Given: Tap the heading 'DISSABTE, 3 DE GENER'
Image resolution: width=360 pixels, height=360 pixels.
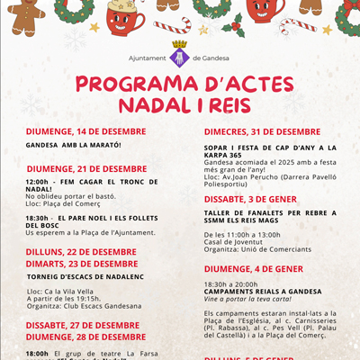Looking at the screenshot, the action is click(248, 198).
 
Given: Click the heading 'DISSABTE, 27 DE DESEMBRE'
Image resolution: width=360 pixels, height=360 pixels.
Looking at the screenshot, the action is click(82, 325).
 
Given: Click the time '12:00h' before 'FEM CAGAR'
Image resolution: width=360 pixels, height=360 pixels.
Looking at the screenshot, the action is click(37, 180).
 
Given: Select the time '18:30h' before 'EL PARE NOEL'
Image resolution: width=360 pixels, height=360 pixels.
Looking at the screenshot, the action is click(37, 217).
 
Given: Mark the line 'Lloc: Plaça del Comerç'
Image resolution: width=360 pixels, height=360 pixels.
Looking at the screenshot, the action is click(64, 202).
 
